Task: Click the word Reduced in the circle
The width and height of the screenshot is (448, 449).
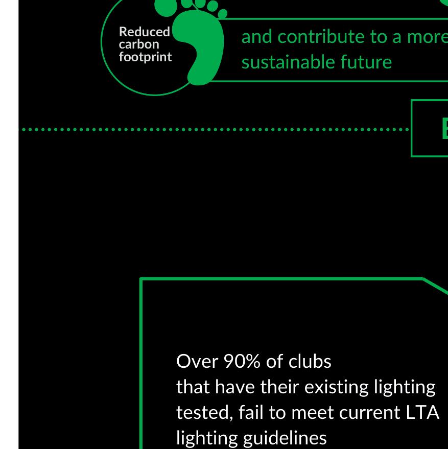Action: (144, 32)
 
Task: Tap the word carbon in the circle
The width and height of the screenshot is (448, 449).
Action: (139, 44)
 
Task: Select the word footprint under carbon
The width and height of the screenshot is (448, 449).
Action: (145, 56)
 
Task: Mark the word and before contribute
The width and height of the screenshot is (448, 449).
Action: (257, 36)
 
